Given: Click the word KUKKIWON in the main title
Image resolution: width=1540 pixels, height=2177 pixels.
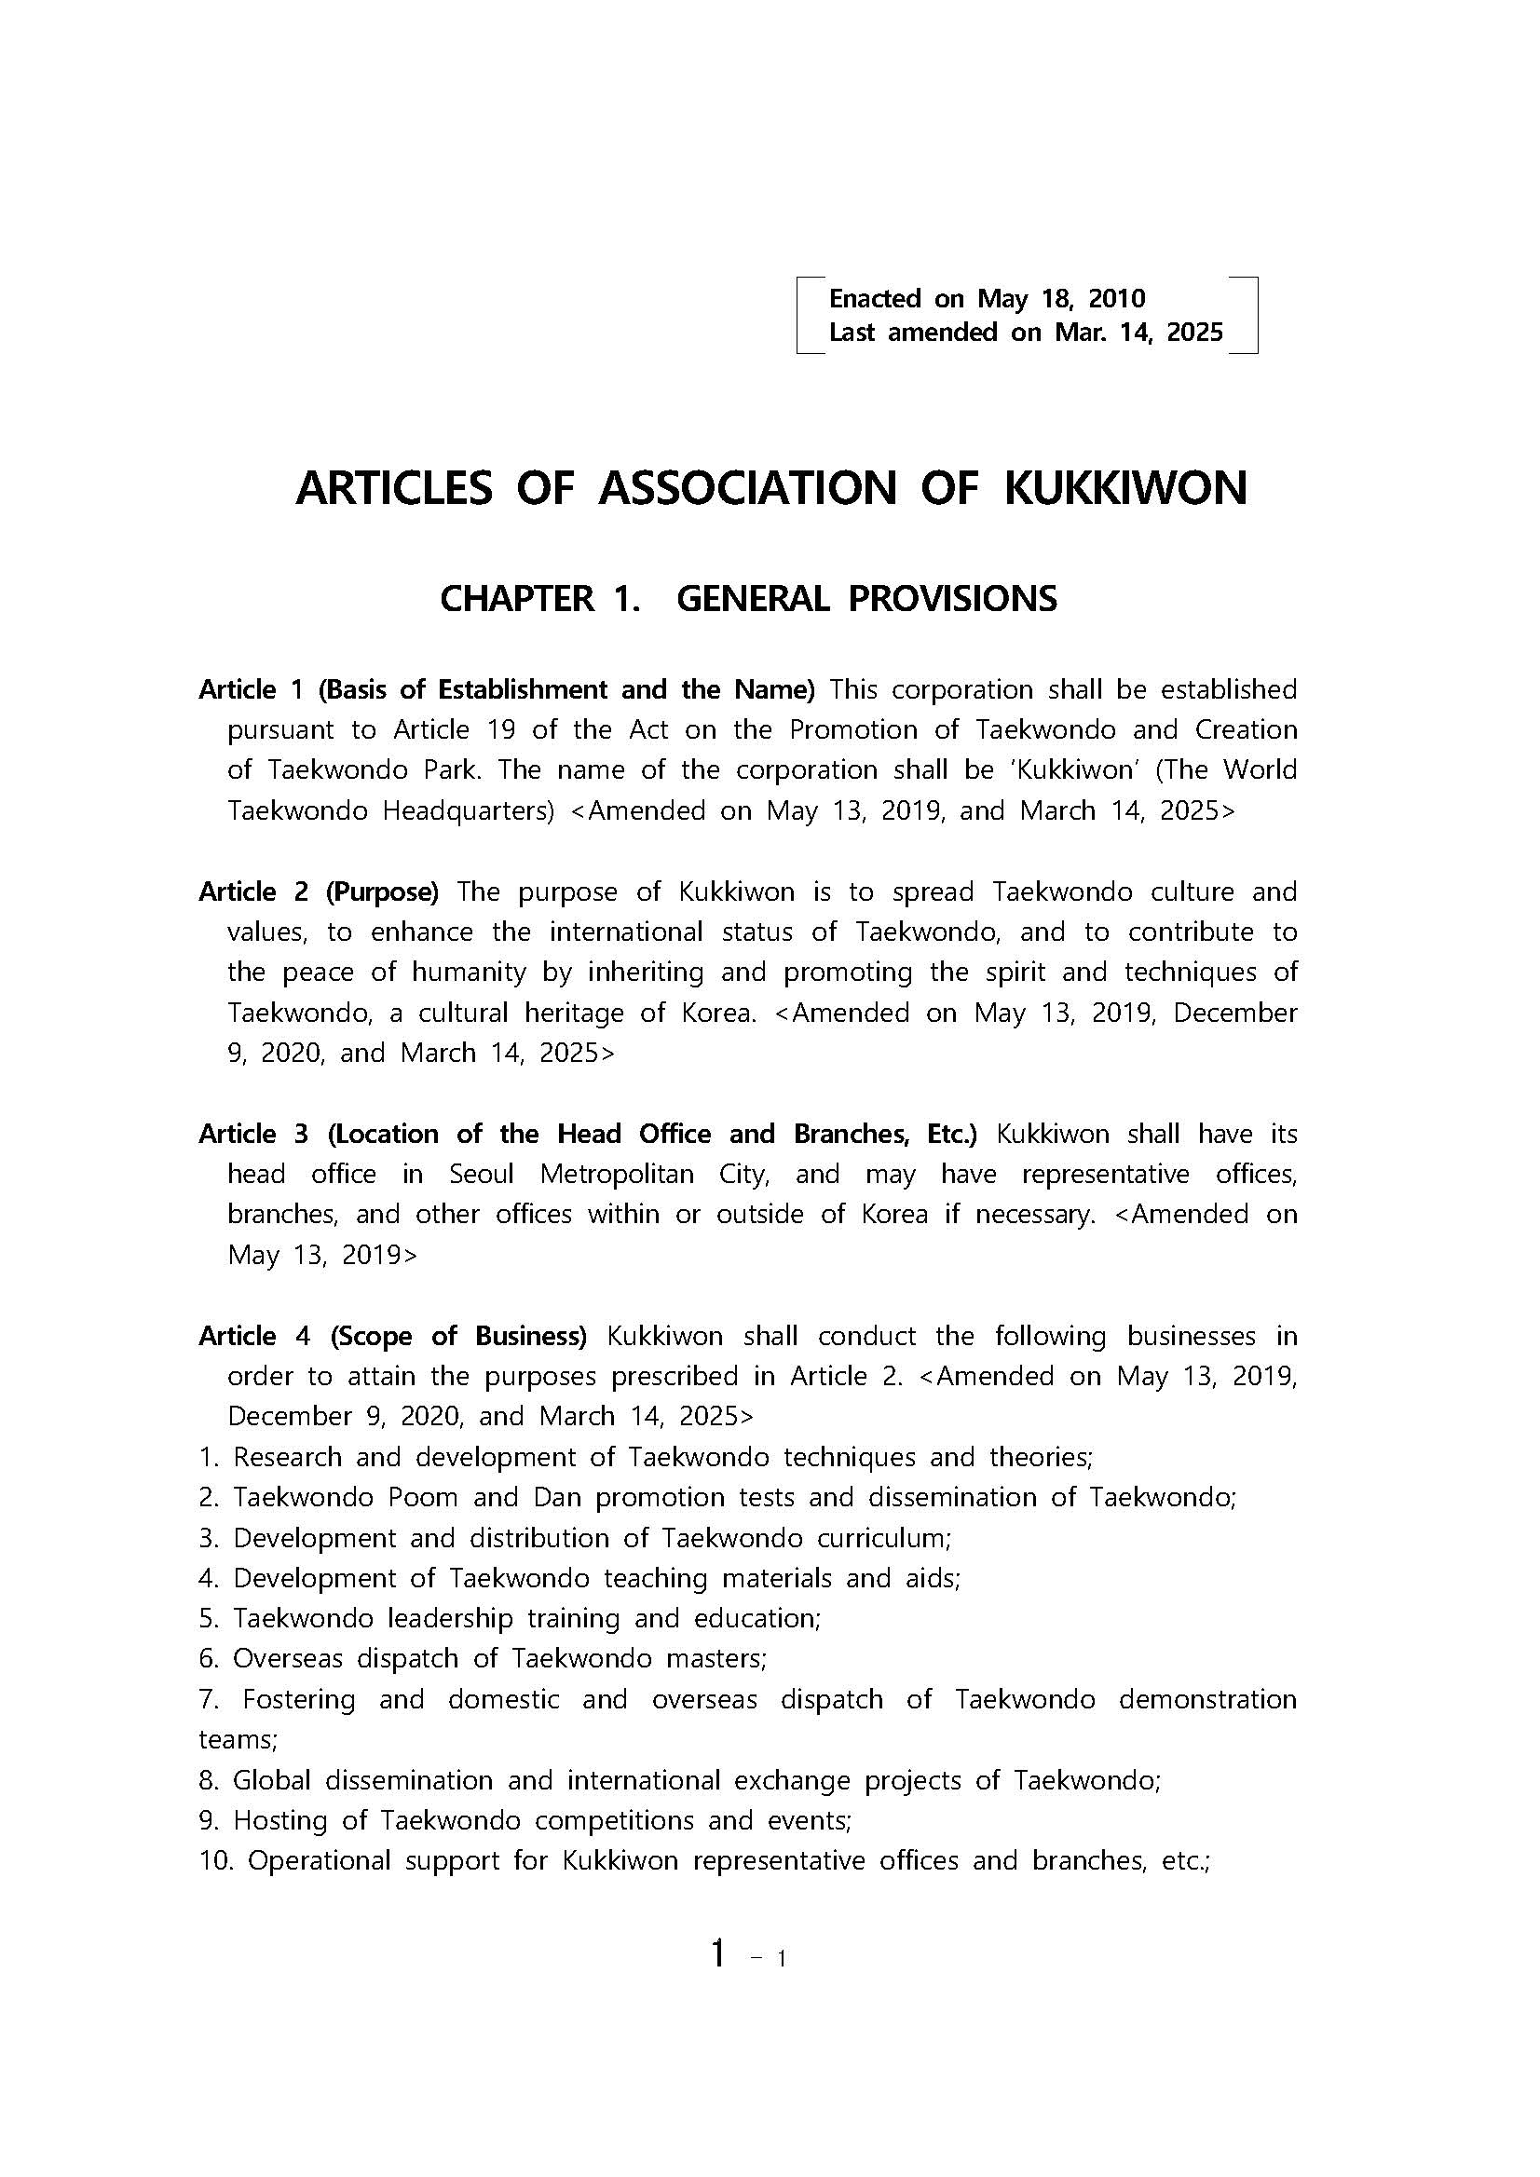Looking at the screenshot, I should (x=1124, y=488).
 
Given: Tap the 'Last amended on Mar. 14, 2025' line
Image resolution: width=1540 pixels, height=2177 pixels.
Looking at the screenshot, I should (x=1026, y=332).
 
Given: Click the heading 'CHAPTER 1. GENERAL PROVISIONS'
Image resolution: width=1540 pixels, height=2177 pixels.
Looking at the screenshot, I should (x=748, y=598).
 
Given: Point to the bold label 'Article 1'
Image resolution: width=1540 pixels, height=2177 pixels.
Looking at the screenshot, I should (x=251, y=689).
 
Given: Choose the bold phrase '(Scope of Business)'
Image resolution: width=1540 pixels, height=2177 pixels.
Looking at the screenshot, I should (x=459, y=1336).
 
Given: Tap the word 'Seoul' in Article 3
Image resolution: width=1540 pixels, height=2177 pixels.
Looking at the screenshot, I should (x=481, y=1174).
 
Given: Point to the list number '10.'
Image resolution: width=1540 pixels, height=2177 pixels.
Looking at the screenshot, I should (x=216, y=1860).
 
